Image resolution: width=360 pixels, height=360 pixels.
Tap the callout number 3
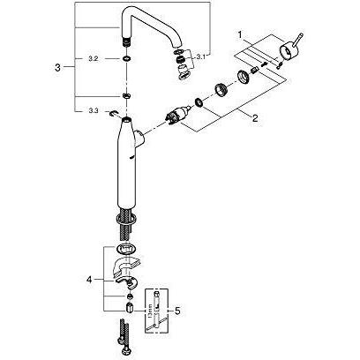[57, 66]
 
